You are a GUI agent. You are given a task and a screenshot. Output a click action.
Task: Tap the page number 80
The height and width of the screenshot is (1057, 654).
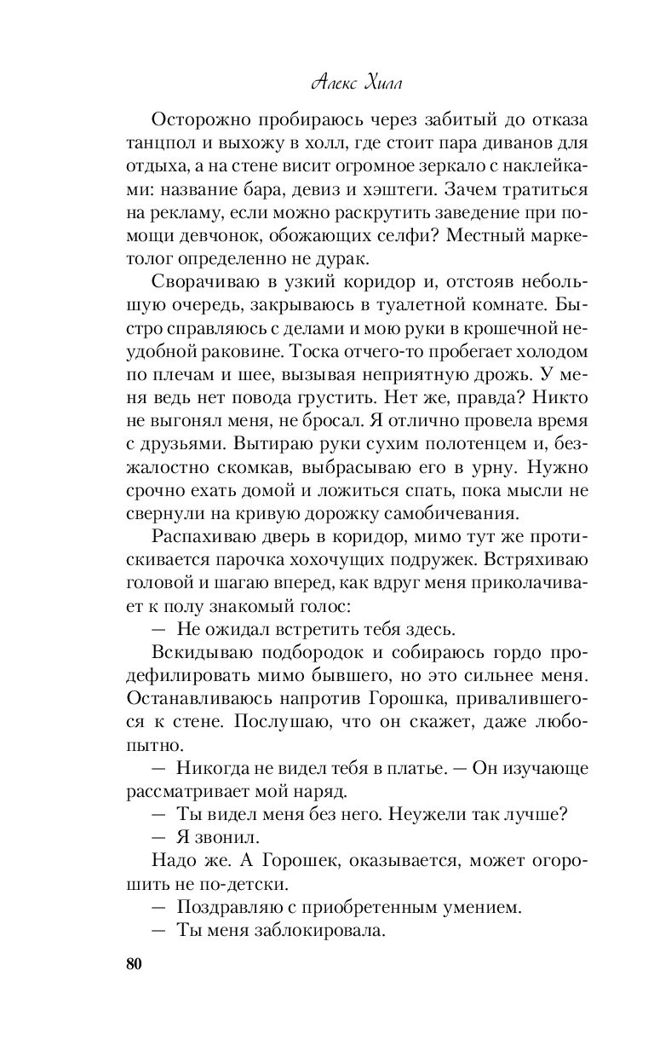click(x=134, y=963)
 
